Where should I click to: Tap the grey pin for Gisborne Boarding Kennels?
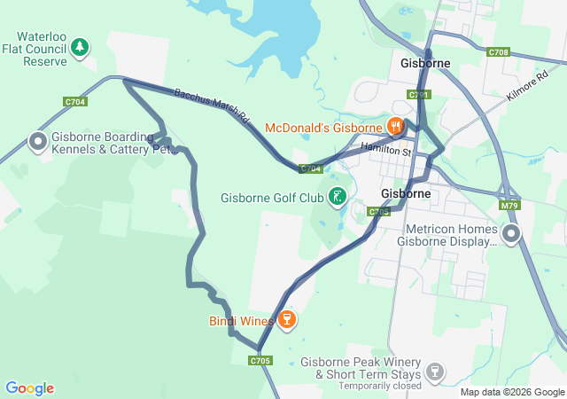coord(38,141)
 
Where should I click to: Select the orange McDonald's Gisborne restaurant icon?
coord(395,126)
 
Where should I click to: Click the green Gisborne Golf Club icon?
coord(337,196)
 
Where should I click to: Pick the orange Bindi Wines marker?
coord(286,319)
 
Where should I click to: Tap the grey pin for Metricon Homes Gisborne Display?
coord(511,234)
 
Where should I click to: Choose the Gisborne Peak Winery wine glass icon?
coord(434,372)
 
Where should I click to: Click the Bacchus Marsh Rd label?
coord(213,106)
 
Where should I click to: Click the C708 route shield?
coord(498,53)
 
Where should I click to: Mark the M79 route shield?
coord(509,206)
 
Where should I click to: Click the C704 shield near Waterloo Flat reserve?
coord(75,102)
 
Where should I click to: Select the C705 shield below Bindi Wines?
coord(260,360)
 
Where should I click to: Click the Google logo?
coord(29,388)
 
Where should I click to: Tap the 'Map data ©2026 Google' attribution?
coord(511,393)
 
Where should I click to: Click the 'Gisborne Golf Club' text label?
coord(271,197)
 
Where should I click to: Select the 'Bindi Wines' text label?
coord(240,320)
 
